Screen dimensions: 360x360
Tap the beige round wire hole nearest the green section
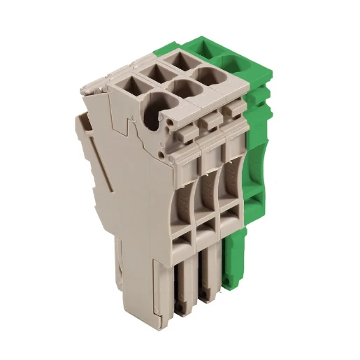[210, 75]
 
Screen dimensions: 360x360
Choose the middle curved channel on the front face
[208, 183]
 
